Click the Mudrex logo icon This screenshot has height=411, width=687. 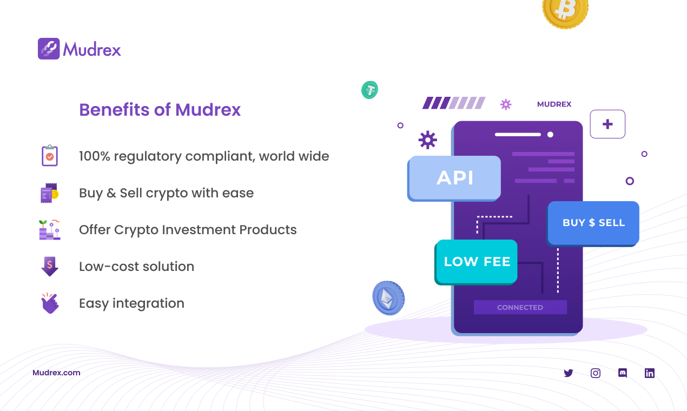click(x=49, y=49)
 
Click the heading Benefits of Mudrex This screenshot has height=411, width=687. click(x=160, y=110)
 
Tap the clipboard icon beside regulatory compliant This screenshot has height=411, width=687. click(x=50, y=156)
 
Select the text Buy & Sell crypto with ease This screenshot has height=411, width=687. click(x=166, y=193)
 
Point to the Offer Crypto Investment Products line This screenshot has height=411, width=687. click(x=188, y=230)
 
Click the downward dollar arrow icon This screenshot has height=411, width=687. click(x=50, y=266)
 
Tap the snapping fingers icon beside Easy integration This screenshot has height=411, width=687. click(x=50, y=303)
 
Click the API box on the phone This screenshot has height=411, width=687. click(x=455, y=177)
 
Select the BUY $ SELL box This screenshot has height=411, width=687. click(x=593, y=223)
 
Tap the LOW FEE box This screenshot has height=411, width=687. click(x=477, y=262)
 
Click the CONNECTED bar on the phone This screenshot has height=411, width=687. click(x=520, y=307)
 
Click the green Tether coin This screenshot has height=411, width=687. click(x=370, y=89)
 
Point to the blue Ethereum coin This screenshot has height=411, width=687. click(x=388, y=297)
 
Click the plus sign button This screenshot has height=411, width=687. click(x=607, y=124)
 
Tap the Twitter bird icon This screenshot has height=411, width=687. click(x=568, y=373)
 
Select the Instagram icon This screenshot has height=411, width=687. click(x=596, y=373)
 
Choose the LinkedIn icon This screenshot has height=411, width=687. click(x=650, y=373)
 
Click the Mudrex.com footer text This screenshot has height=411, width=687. click(x=56, y=373)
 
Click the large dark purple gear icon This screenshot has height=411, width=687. click(x=427, y=140)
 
